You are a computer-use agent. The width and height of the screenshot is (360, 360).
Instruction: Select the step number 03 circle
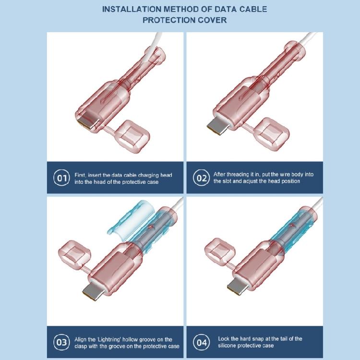[x=61, y=343]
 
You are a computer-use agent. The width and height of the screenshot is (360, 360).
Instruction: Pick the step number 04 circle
[x=201, y=343]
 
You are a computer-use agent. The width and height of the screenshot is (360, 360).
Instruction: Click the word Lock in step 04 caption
[x=223, y=339]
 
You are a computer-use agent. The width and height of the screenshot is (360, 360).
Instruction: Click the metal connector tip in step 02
[x=216, y=126]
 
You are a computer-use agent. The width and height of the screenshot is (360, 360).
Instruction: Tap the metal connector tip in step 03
[x=92, y=291]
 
